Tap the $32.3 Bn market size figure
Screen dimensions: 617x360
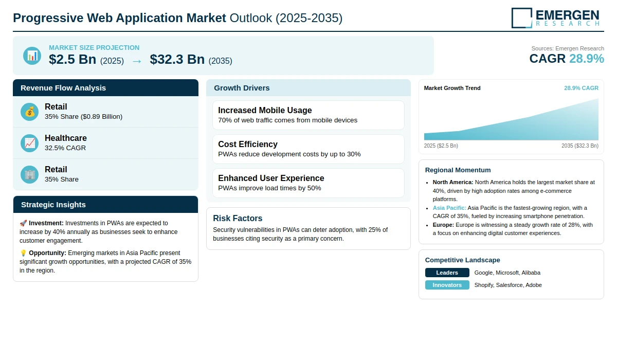coord(177,59)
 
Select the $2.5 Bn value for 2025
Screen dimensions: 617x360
coord(72,59)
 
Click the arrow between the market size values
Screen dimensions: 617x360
coord(137,61)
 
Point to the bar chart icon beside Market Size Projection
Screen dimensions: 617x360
coord(32,56)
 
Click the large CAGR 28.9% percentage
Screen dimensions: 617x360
coord(587,59)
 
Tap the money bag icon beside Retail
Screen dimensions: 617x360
coord(29,112)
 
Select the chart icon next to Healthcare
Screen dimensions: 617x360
coord(29,143)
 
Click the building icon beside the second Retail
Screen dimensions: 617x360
coord(29,175)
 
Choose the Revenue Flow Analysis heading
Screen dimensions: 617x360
coord(63,88)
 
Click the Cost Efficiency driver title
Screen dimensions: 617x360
coord(248,144)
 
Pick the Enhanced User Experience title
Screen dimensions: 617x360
coord(271,178)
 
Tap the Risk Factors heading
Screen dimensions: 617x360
coord(238,218)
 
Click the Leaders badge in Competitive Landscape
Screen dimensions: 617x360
coord(447,273)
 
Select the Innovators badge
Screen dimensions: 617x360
coord(447,285)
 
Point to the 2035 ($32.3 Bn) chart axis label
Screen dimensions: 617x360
coord(580,146)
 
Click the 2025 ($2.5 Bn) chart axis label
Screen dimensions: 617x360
coord(441,146)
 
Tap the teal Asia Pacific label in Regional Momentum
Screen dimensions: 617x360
coord(449,208)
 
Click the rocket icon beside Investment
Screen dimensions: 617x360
coord(23,223)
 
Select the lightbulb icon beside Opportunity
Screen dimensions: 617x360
coord(23,253)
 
